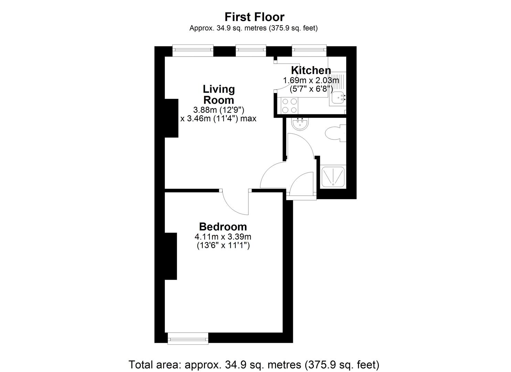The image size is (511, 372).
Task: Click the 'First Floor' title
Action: point(254,17)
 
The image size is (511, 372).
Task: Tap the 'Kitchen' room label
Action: point(311,70)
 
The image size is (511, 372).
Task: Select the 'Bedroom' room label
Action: point(223,227)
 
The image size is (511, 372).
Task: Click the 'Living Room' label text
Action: point(219,94)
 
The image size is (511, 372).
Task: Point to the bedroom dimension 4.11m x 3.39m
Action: point(223,237)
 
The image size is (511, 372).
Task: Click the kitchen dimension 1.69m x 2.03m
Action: point(311,80)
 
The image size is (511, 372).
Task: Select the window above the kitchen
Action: point(309,50)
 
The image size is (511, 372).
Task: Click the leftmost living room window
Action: point(193,50)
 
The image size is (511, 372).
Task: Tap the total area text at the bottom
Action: point(254,364)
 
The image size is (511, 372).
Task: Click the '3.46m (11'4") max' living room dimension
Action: point(219,119)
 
